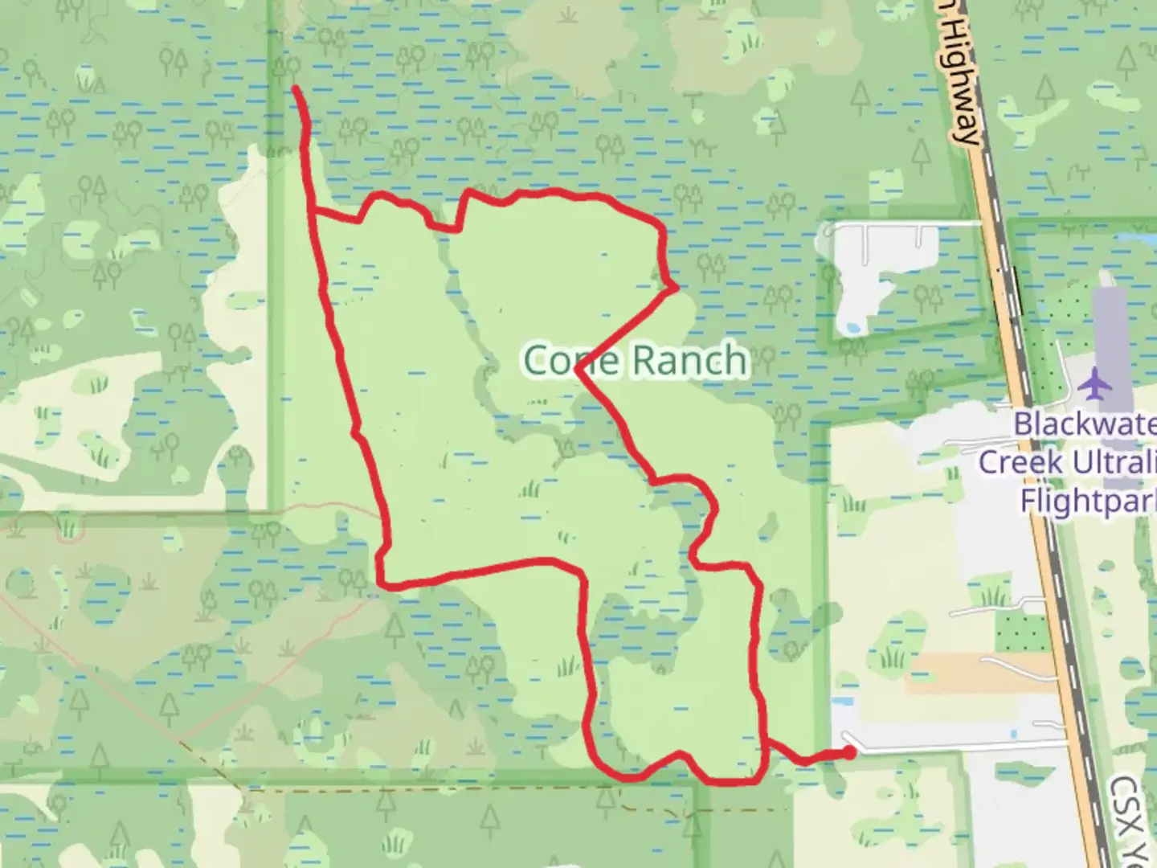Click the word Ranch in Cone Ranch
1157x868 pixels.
689,360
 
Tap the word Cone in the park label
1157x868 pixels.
571,360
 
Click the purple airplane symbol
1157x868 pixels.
1093,383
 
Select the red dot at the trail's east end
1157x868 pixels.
848,753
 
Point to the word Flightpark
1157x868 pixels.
1087,500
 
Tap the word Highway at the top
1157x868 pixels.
962,80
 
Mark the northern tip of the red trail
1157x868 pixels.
296,87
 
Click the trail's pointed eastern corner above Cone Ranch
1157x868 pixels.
677,287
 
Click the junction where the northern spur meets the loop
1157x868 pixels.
312,211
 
